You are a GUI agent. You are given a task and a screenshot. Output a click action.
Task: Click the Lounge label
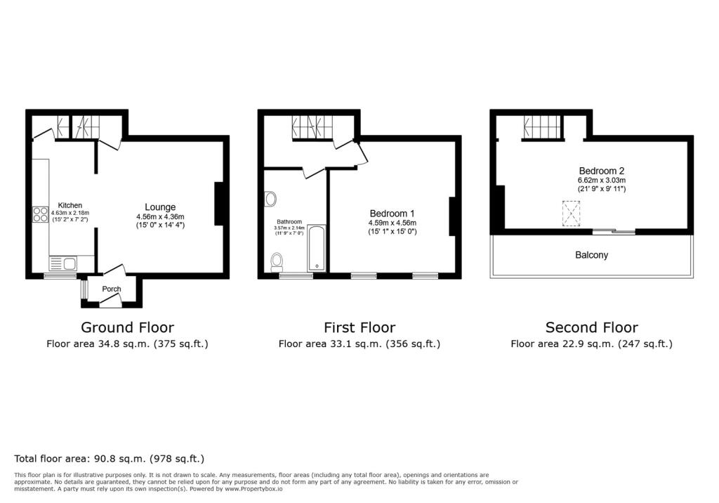click(160, 207)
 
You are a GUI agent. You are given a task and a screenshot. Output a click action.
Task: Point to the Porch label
click(112, 289)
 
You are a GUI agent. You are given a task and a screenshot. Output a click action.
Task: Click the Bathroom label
click(289, 221)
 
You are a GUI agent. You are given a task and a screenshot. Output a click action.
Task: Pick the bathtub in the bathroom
click(317, 248)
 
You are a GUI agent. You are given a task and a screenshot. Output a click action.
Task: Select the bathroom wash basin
click(271, 200)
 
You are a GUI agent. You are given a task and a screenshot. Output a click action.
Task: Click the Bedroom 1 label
click(392, 214)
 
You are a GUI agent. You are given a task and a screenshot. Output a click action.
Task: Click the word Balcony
click(591, 255)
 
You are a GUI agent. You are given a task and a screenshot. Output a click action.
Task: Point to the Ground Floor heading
click(127, 327)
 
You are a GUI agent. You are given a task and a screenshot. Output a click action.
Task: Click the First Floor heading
click(359, 327)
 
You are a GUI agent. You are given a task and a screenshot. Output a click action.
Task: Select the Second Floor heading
click(591, 327)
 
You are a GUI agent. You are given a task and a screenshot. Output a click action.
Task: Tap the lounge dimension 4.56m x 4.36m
click(160, 216)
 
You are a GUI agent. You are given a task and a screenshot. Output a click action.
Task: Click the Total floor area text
click(110, 459)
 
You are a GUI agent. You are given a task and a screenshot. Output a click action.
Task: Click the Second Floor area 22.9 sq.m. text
click(591, 344)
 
